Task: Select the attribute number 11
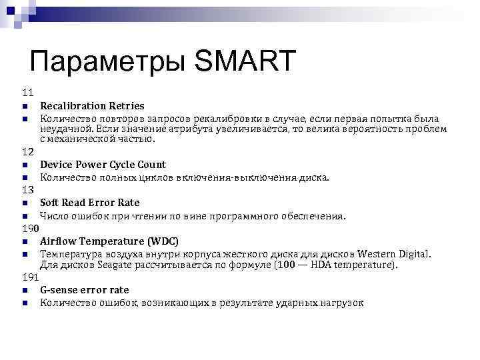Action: [x=27, y=92]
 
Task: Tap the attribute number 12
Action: [x=27, y=151]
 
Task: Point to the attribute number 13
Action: [x=27, y=190]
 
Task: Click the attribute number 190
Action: [x=30, y=228]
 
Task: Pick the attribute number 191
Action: [x=30, y=277]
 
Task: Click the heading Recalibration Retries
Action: [x=92, y=105]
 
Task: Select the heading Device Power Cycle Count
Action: [x=103, y=165]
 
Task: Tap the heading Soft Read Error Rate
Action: [x=89, y=203]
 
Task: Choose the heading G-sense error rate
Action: [x=84, y=290]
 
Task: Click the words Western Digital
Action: [x=395, y=254]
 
